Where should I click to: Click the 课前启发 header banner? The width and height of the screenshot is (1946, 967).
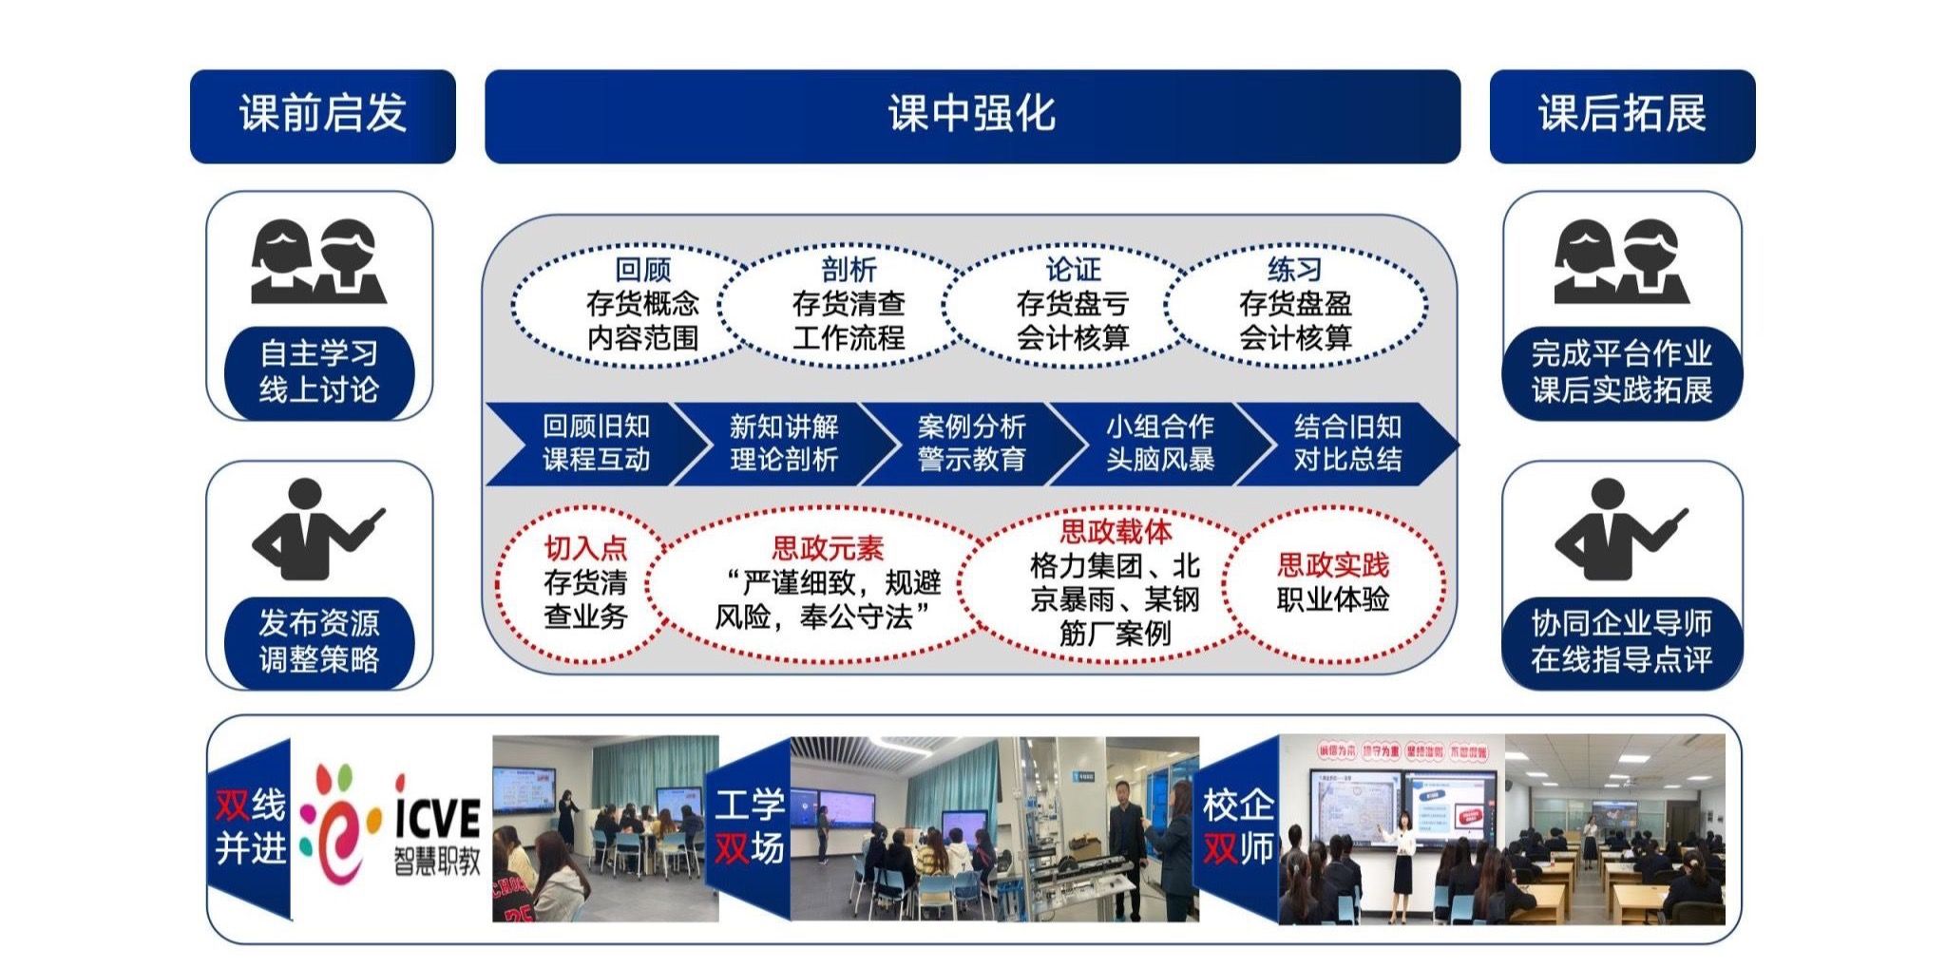click(322, 115)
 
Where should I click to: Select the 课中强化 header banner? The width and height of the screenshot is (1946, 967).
click(971, 115)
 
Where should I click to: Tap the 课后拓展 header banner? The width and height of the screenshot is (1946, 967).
click(1621, 115)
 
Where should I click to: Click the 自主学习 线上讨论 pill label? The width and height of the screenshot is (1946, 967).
click(319, 371)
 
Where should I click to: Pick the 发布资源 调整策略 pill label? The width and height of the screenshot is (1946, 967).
click(319, 641)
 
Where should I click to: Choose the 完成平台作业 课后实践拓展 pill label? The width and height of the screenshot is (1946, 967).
click(1621, 371)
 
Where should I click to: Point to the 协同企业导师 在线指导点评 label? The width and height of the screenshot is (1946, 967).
click(1621, 641)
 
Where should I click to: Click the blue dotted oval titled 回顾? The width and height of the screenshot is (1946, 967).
click(632, 304)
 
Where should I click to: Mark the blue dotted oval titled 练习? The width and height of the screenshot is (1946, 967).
click(1295, 304)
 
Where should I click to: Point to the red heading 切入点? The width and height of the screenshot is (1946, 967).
click(585, 548)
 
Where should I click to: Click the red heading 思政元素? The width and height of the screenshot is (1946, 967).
click(828, 548)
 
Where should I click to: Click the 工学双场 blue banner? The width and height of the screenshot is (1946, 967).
click(749, 826)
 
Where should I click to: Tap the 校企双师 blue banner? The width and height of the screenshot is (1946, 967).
click(1237, 826)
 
